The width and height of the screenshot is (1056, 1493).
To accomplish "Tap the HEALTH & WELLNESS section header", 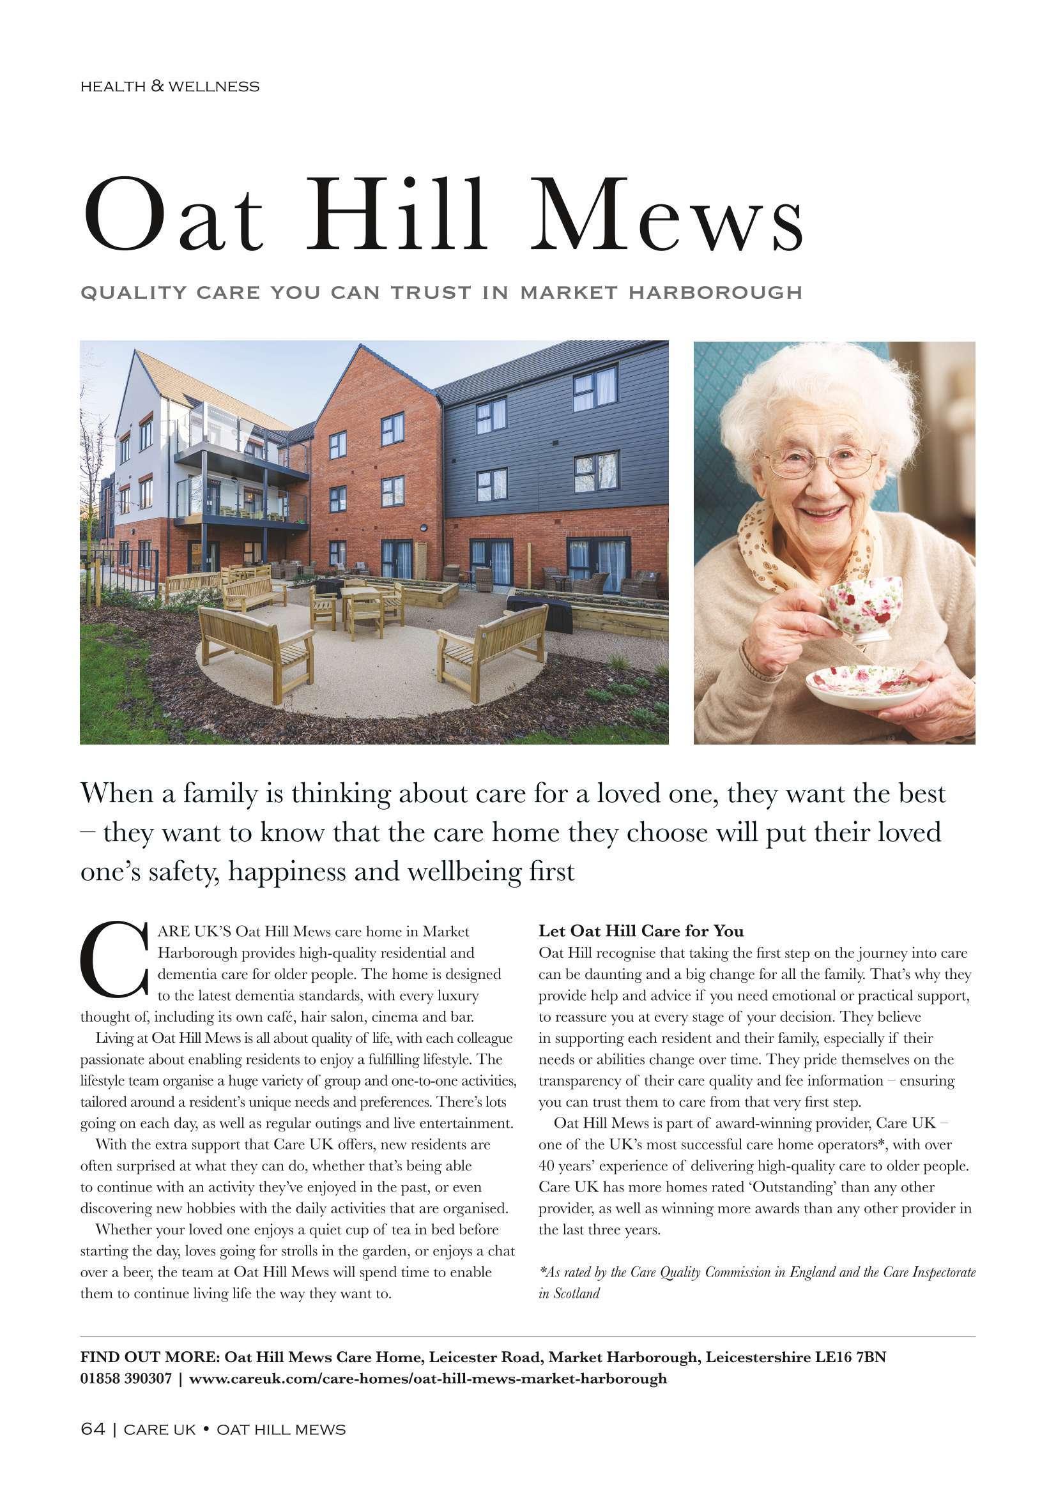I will point(170,86).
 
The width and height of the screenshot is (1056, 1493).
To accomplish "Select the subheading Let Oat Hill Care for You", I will point(641,930).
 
